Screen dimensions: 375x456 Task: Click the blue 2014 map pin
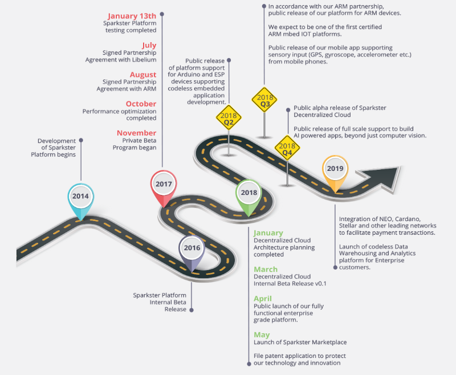(80, 197)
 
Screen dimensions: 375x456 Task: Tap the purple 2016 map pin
(192, 249)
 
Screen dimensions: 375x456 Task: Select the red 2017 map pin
(164, 185)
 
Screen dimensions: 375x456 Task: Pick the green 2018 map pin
(249, 194)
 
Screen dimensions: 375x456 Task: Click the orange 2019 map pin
(335, 169)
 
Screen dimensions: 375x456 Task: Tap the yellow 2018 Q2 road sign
(229, 119)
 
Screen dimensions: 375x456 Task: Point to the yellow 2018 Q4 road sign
(287, 148)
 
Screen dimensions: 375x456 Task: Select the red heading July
(149, 45)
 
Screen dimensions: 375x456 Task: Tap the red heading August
(142, 75)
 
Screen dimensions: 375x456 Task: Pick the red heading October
(141, 104)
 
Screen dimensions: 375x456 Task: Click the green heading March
(266, 269)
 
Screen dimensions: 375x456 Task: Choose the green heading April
(263, 299)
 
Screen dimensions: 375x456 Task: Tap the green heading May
(262, 335)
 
